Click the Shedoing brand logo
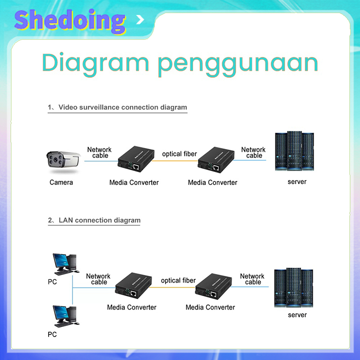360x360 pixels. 70,21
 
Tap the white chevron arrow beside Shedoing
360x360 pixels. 140,20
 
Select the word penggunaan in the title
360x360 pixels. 238,64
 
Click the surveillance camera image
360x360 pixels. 63,162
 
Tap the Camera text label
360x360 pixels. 61,182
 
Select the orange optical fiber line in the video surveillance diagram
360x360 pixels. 175,161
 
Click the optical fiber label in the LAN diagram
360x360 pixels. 178,280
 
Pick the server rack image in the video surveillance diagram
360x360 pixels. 294,151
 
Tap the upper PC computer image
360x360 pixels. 65,264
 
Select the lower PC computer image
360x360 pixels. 65,316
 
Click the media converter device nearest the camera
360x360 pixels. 136,159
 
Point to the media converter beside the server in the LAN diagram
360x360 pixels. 213,286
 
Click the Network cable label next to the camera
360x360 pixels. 99,153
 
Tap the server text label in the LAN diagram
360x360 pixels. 297,315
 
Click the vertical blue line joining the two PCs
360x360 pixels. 72,290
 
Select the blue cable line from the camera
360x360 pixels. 101,161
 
